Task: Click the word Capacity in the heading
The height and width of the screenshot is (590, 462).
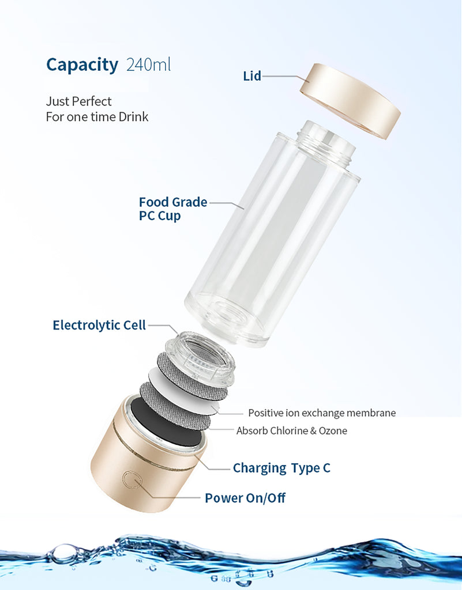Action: pyautogui.click(x=82, y=65)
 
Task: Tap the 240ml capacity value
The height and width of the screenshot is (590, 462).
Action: pyautogui.click(x=148, y=65)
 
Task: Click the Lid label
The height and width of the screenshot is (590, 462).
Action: pyautogui.click(x=252, y=76)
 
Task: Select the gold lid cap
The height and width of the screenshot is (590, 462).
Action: pyautogui.click(x=350, y=101)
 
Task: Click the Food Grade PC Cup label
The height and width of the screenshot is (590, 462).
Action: pyautogui.click(x=173, y=209)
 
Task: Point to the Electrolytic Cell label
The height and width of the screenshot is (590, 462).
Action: pyautogui.click(x=99, y=325)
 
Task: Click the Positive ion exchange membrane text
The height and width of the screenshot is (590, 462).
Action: pyautogui.click(x=322, y=413)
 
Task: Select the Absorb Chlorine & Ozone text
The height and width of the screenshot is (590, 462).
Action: pyautogui.click(x=292, y=430)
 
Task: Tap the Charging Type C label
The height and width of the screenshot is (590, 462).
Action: pyautogui.click(x=281, y=468)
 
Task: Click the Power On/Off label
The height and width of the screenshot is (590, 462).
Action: pyautogui.click(x=245, y=498)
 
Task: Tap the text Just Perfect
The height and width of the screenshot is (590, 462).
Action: pyautogui.click(x=78, y=101)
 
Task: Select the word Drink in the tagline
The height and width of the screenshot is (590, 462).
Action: pyautogui.click(x=133, y=116)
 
